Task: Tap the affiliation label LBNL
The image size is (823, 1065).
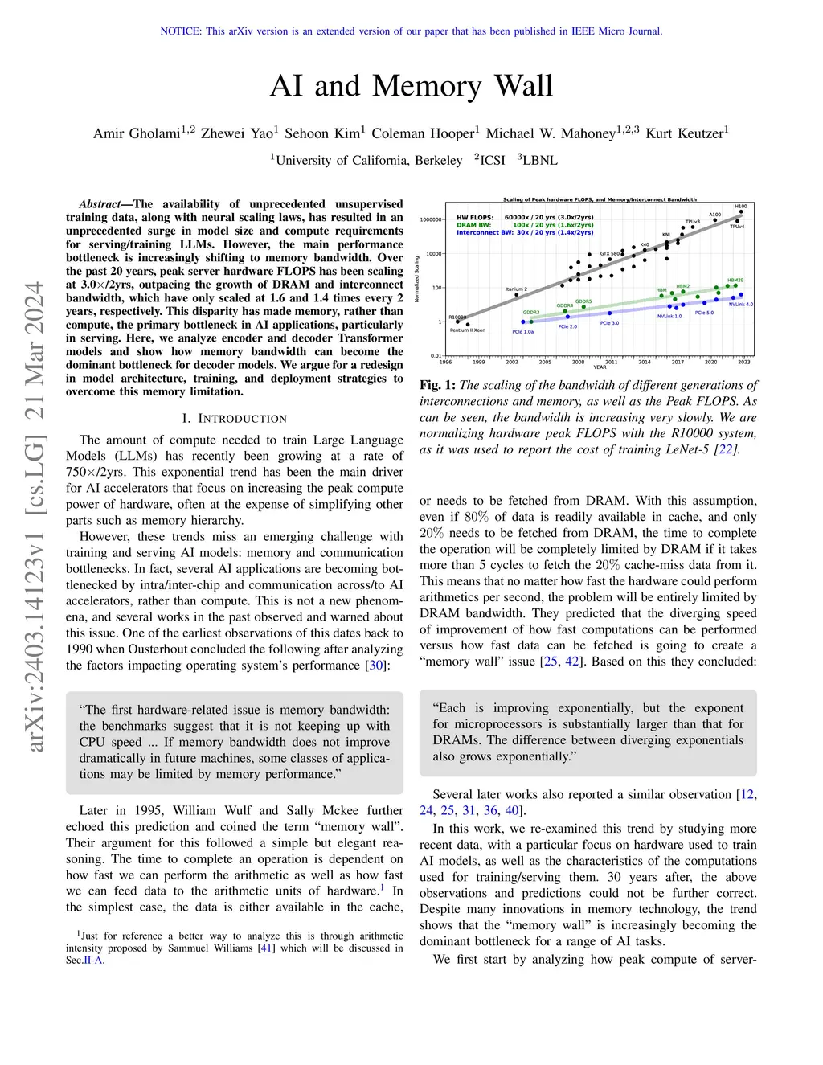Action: [x=539, y=160]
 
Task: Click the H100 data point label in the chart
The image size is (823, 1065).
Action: [x=740, y=207]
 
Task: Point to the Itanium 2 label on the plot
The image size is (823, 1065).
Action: [x=516, y=289]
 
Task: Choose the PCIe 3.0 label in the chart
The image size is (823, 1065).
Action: [x=609, y=323]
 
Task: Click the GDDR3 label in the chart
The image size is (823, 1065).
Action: [x=531, y=313]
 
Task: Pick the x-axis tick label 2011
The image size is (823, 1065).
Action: [x=612, y=362]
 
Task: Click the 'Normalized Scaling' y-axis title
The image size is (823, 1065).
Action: [x=416, y=279]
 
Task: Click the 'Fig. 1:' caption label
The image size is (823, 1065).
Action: [x=437, y=385]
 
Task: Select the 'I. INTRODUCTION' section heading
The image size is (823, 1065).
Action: [x=235, y=419]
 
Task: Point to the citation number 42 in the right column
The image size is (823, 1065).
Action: [x=571, y=662]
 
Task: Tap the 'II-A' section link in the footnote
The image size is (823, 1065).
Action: [x=93, y=960]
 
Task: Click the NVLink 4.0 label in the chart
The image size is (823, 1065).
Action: [x=740, y=305]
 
